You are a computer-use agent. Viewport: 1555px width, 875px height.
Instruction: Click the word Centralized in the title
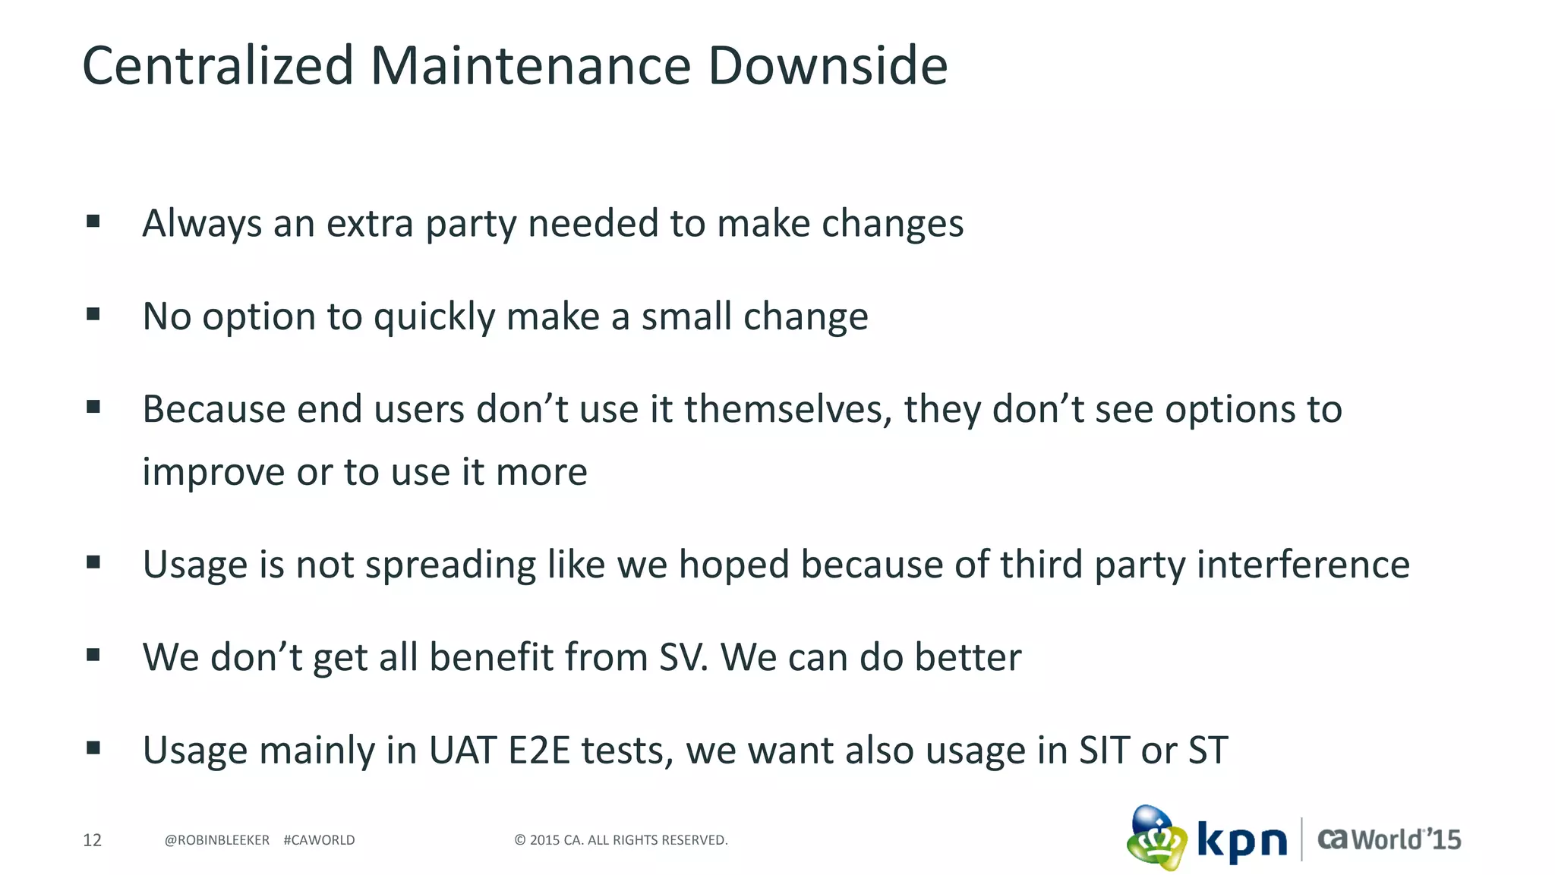coord(218,66)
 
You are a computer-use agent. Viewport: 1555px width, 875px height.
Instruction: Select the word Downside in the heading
coord(828,66)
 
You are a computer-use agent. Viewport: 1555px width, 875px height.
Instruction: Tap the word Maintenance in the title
coord(531,66)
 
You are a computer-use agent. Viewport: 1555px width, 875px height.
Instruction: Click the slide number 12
coord(92,840)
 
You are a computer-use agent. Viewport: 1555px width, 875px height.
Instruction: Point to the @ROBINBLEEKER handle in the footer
coord(217,840)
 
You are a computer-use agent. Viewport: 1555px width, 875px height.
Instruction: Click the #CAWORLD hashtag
coord(319,840)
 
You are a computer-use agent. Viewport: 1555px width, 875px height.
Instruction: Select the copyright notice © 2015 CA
coord(620,840)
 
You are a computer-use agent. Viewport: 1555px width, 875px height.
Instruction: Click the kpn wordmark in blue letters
coord(1242,841)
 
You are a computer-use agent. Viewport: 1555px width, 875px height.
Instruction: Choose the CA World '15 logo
coord(1389,839)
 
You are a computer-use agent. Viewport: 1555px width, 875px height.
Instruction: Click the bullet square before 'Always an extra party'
coord(93,222)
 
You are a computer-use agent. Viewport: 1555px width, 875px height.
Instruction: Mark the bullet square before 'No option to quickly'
coord(93,314)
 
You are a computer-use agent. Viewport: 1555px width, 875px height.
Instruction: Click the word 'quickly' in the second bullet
coord(434,317)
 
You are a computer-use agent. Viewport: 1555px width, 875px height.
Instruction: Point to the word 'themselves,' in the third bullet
coord(787,410)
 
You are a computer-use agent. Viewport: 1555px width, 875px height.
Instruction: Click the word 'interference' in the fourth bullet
coord(1303,565)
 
